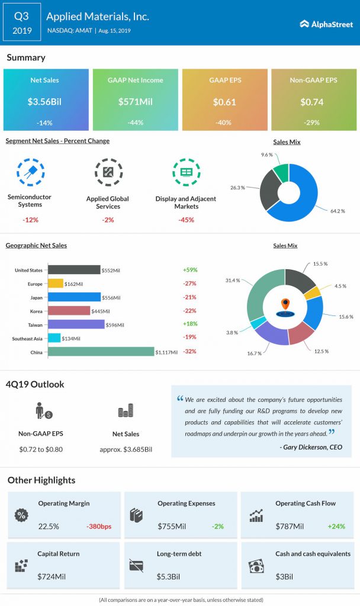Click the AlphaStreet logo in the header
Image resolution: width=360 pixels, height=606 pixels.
point(325,24)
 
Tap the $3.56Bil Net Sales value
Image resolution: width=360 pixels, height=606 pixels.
point(46,102)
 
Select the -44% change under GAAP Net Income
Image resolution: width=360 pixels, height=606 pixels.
point(135,123)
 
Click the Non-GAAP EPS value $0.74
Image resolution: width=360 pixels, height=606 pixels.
point(313,102)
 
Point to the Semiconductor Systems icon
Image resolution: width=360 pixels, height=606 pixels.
point(29,172)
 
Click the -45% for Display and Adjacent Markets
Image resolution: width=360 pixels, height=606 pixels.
point(185,220)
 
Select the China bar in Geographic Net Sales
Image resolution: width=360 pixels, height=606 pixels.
point(101,352)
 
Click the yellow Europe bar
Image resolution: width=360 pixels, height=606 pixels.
point(55,283)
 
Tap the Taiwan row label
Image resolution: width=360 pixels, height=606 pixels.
point(34,324)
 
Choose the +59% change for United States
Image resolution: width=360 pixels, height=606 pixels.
point(190,270)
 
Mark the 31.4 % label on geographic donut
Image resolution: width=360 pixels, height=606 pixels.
point(233,280)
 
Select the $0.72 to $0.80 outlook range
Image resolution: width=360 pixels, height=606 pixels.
point(41,449)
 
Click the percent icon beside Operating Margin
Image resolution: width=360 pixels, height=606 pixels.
point(21,515)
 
